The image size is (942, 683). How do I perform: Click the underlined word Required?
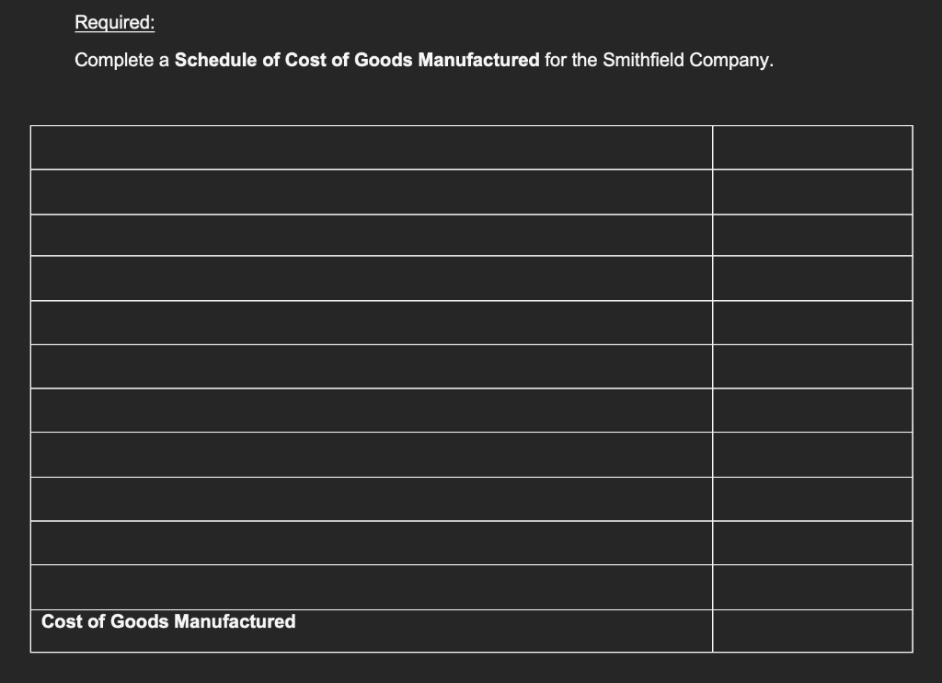(113, 21)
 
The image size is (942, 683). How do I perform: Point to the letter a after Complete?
(163, 61)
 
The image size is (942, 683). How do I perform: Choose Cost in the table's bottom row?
(61, 621)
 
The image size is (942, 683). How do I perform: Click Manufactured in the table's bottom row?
(235, 621)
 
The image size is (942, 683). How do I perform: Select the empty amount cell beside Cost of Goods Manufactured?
(812, 631)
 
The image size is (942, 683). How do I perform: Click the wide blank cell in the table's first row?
(372, 147)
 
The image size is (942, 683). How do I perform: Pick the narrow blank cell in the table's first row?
(812, 147)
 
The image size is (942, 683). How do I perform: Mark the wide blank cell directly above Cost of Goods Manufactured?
(372, 586)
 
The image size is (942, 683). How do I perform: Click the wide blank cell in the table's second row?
(372, 191)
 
